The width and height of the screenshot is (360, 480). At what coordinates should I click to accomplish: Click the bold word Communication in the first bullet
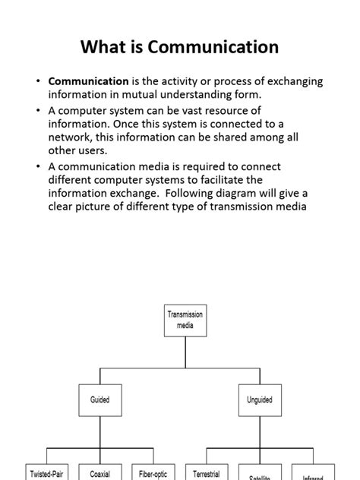coord(88,81)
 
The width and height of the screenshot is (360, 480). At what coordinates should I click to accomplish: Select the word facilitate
coord(237,180)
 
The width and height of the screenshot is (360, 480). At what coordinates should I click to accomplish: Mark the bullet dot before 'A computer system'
coord(39,110)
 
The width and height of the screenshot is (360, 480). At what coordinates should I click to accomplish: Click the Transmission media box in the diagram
coord(185,320)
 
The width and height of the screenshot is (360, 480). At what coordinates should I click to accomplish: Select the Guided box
coord(100,399)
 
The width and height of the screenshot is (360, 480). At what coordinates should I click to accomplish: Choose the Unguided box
coord(260,399)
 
